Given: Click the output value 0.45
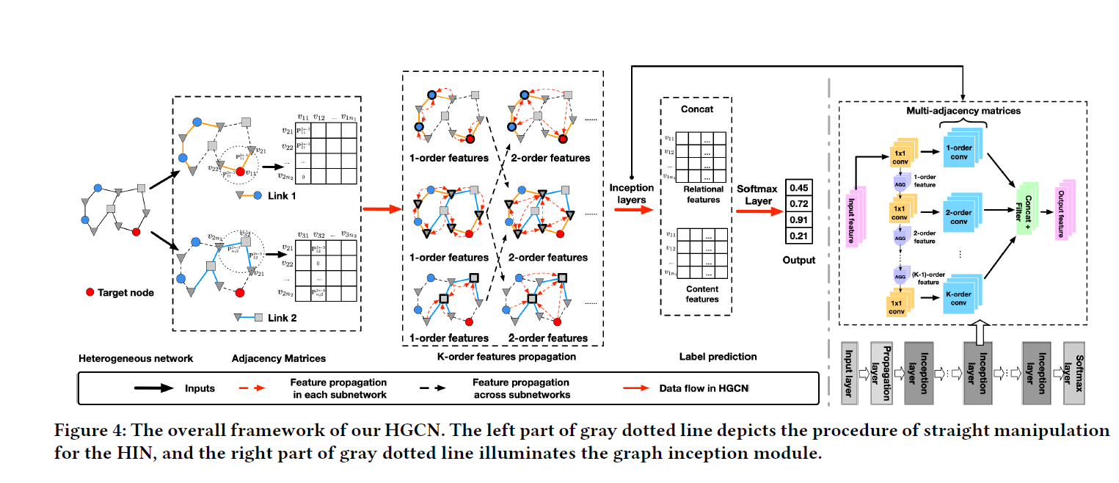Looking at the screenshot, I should pyautogui.click(x=799, y=187).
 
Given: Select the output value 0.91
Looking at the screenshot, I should pyautogui.click(x=799, y=219).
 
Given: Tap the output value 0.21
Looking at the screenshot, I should pyautogui.click(x=799, y=236).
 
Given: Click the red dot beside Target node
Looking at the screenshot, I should pyautogui.click(x=90, y=292).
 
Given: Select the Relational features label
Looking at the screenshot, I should pyautogui.click(x=701, y=194).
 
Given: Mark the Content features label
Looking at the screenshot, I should pyautogui.click(x=701, y=294).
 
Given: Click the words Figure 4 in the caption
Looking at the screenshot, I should pyautogui.click(x=87, y=432).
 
